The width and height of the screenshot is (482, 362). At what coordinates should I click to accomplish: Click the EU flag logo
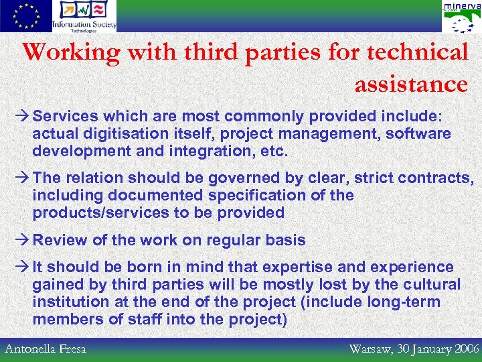[x=25, y=16]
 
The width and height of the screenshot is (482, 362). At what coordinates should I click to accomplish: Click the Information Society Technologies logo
[x=84, y=16]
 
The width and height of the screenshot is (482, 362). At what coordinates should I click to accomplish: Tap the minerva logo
[x=461, y=17]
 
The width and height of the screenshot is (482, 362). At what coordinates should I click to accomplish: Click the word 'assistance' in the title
[x=411, y=84]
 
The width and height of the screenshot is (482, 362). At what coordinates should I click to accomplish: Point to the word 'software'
[x=418, y=133]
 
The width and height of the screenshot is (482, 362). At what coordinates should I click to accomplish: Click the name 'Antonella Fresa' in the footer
[x=46, y=349]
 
